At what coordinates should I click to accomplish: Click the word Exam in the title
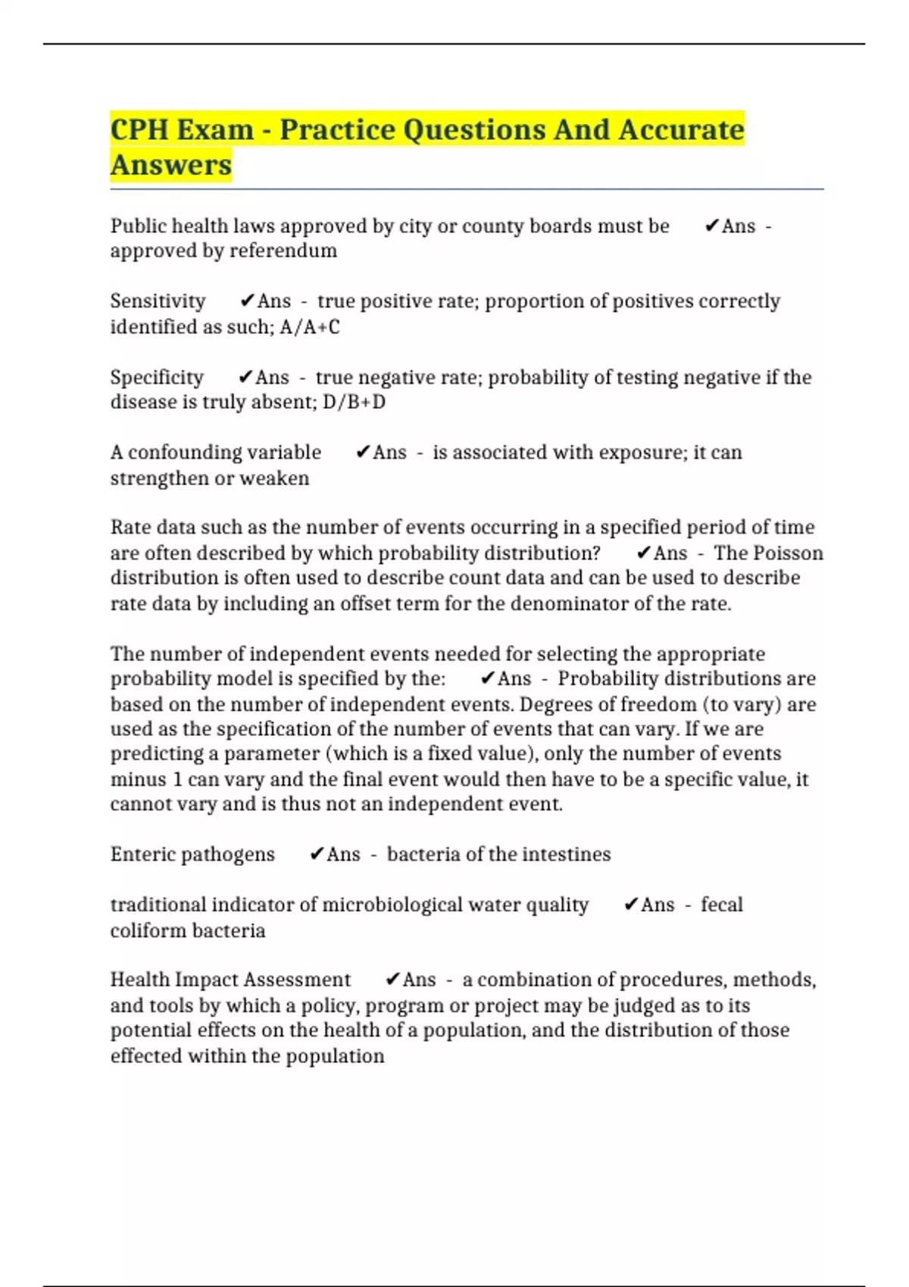[215, 129]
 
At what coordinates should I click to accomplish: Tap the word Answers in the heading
[171, 164]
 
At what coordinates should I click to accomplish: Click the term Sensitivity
[158, 301]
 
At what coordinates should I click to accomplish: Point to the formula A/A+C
[310, 327]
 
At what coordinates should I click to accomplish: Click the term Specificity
[157, 377]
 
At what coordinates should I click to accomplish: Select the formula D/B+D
[354, 402]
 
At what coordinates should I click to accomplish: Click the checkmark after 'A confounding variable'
[362, 453]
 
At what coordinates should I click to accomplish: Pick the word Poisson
[789, 553]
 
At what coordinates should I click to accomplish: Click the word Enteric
[141, 855]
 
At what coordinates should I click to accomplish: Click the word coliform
[146, 930]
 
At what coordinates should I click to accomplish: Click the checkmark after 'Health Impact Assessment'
[392, 980]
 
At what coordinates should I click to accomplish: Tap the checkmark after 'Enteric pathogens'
[317, 855]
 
